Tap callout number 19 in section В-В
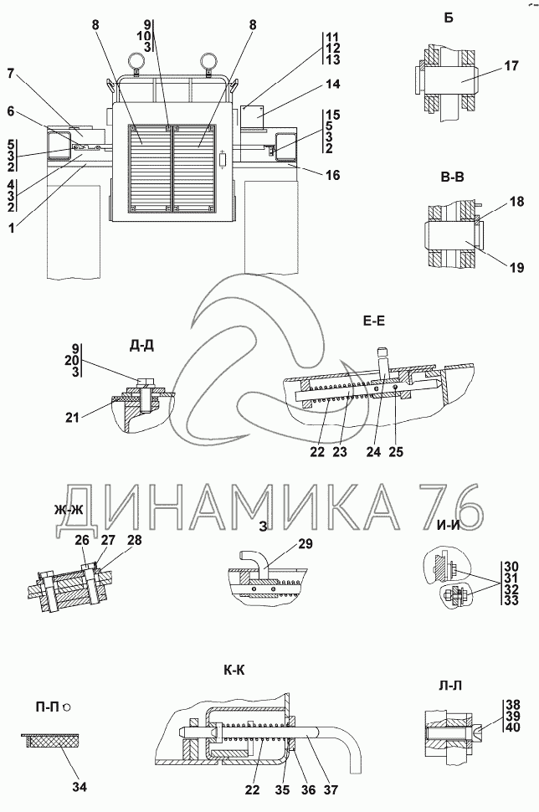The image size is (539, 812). click(x=516, y=268)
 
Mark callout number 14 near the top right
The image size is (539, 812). click(x=334, y=84)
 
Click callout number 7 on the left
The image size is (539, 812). click(x=10, y=75)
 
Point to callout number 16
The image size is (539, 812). click(x=334, y=176)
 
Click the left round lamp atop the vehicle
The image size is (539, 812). click(x=134, y=62)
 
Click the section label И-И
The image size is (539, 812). click(x=449, y=525)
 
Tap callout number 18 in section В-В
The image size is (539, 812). click(x=516, y=202)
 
